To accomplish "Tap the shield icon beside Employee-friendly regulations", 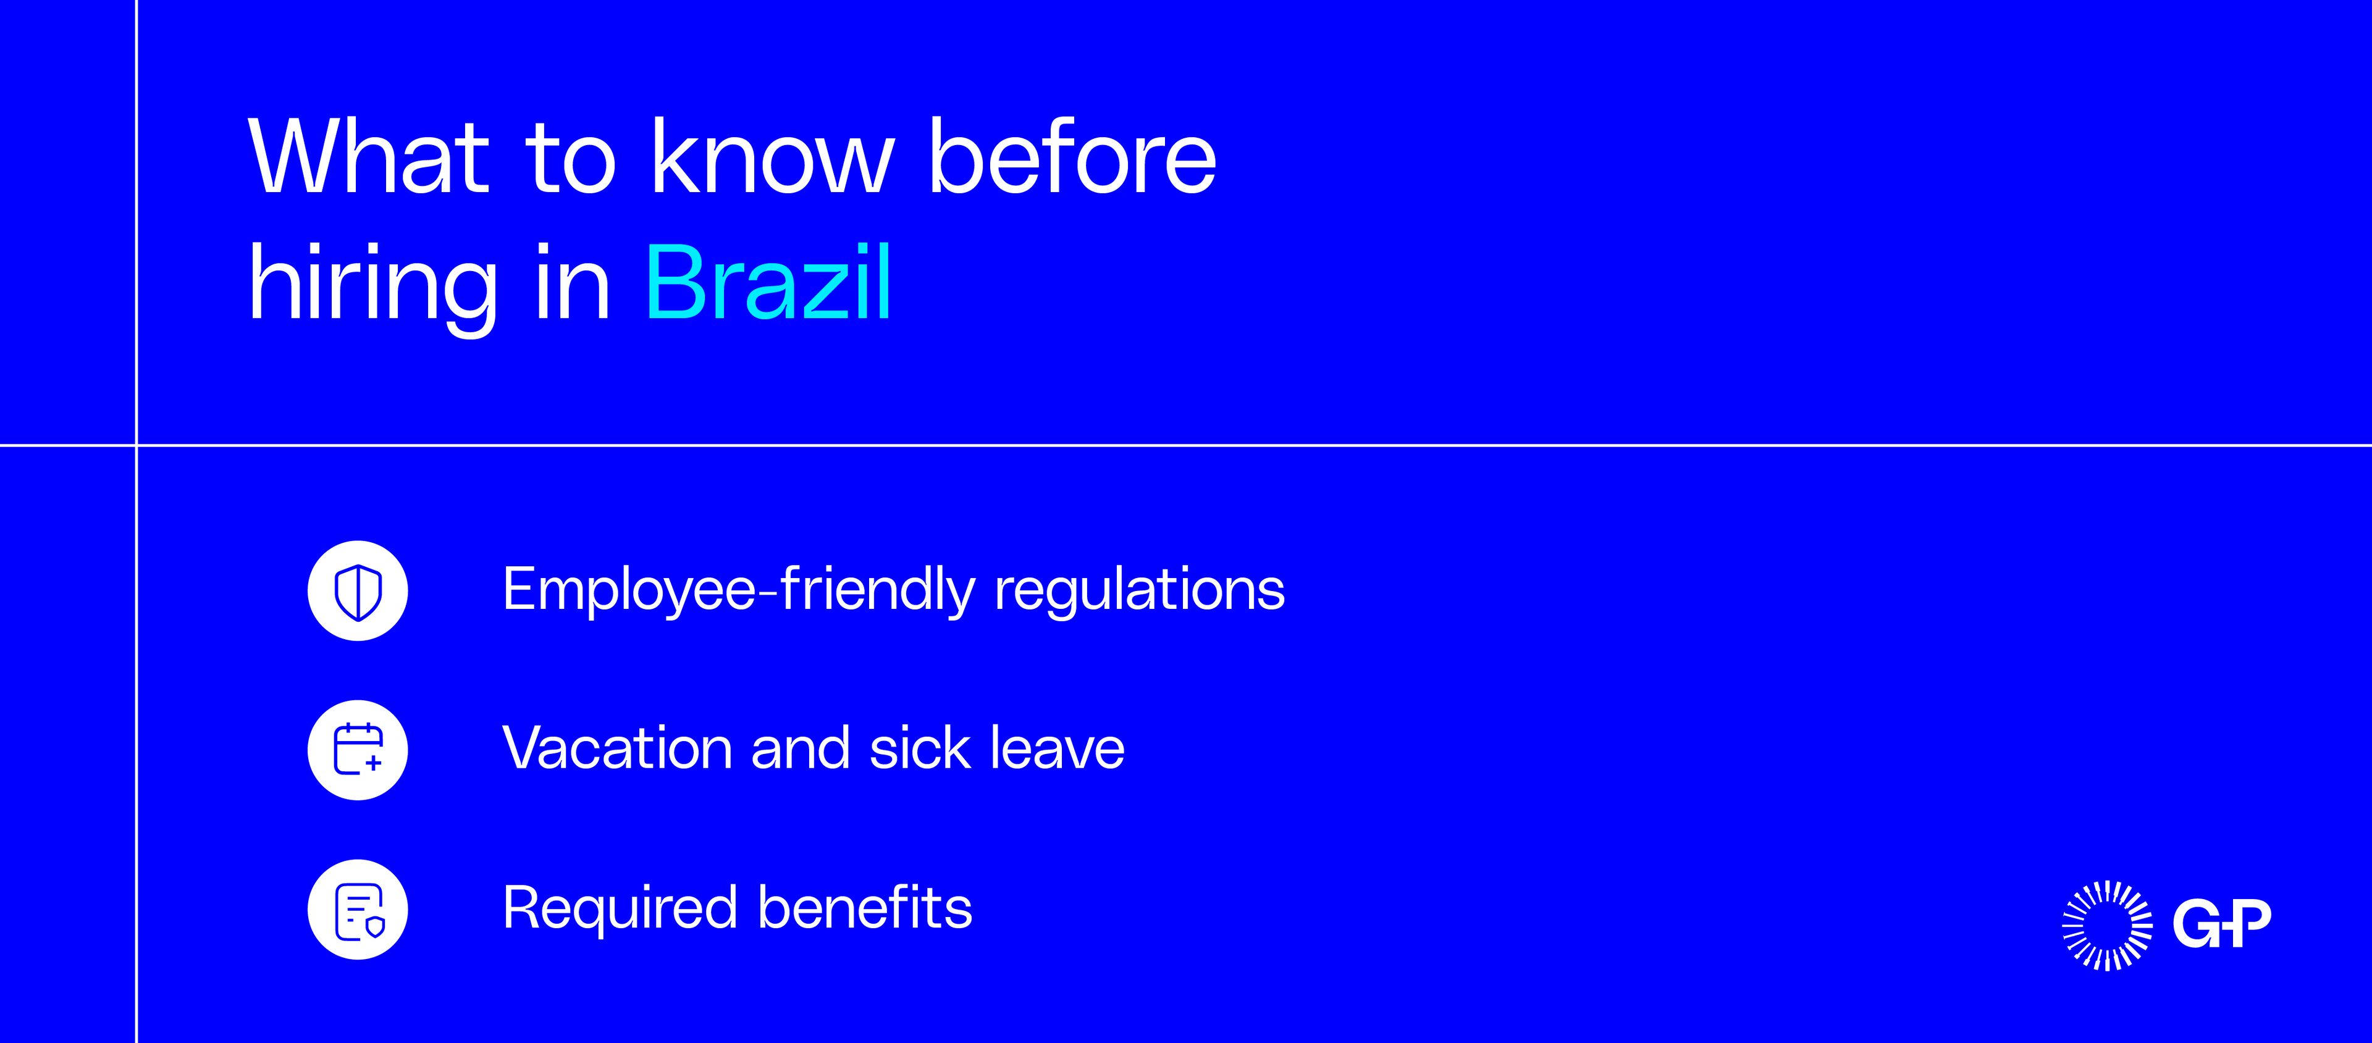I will coord(357,591).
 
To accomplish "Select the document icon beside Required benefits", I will coord(357,910).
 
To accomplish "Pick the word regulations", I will coord(1140,591).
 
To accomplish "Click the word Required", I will coord(621,908).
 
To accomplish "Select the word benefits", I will coord(865,908).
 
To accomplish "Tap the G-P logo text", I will coord(2221,923).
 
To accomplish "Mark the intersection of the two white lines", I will coord(137,446).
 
